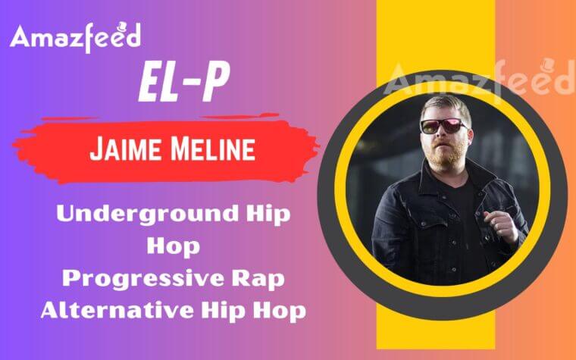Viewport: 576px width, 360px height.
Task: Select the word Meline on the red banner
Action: [214, 149]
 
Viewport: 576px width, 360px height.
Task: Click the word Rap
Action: [266, 278]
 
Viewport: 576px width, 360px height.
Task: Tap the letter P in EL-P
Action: [214, 84]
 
